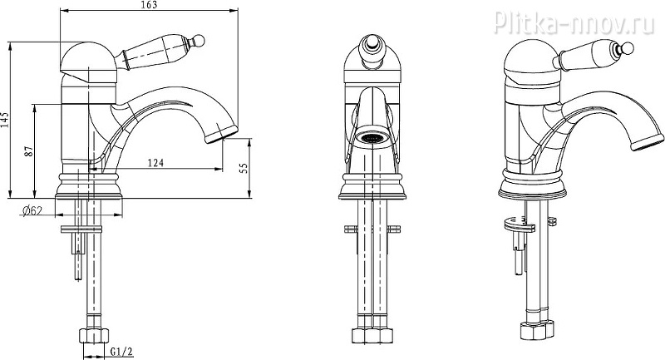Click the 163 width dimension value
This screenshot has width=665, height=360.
tap(150, 5)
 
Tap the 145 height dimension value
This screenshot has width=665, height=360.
tap(5, 120)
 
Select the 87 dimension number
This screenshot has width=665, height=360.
tap(29, 151)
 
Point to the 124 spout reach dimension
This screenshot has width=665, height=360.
tap(155, 162)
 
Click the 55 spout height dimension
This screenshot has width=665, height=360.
tap(244, 168)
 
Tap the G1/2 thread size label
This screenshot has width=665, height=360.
tap(121, 352)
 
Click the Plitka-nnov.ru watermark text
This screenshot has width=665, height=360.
tap(574, 22)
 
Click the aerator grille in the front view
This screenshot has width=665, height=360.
tap(372, 138)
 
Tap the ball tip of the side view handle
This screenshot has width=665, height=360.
tap(199, 41)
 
